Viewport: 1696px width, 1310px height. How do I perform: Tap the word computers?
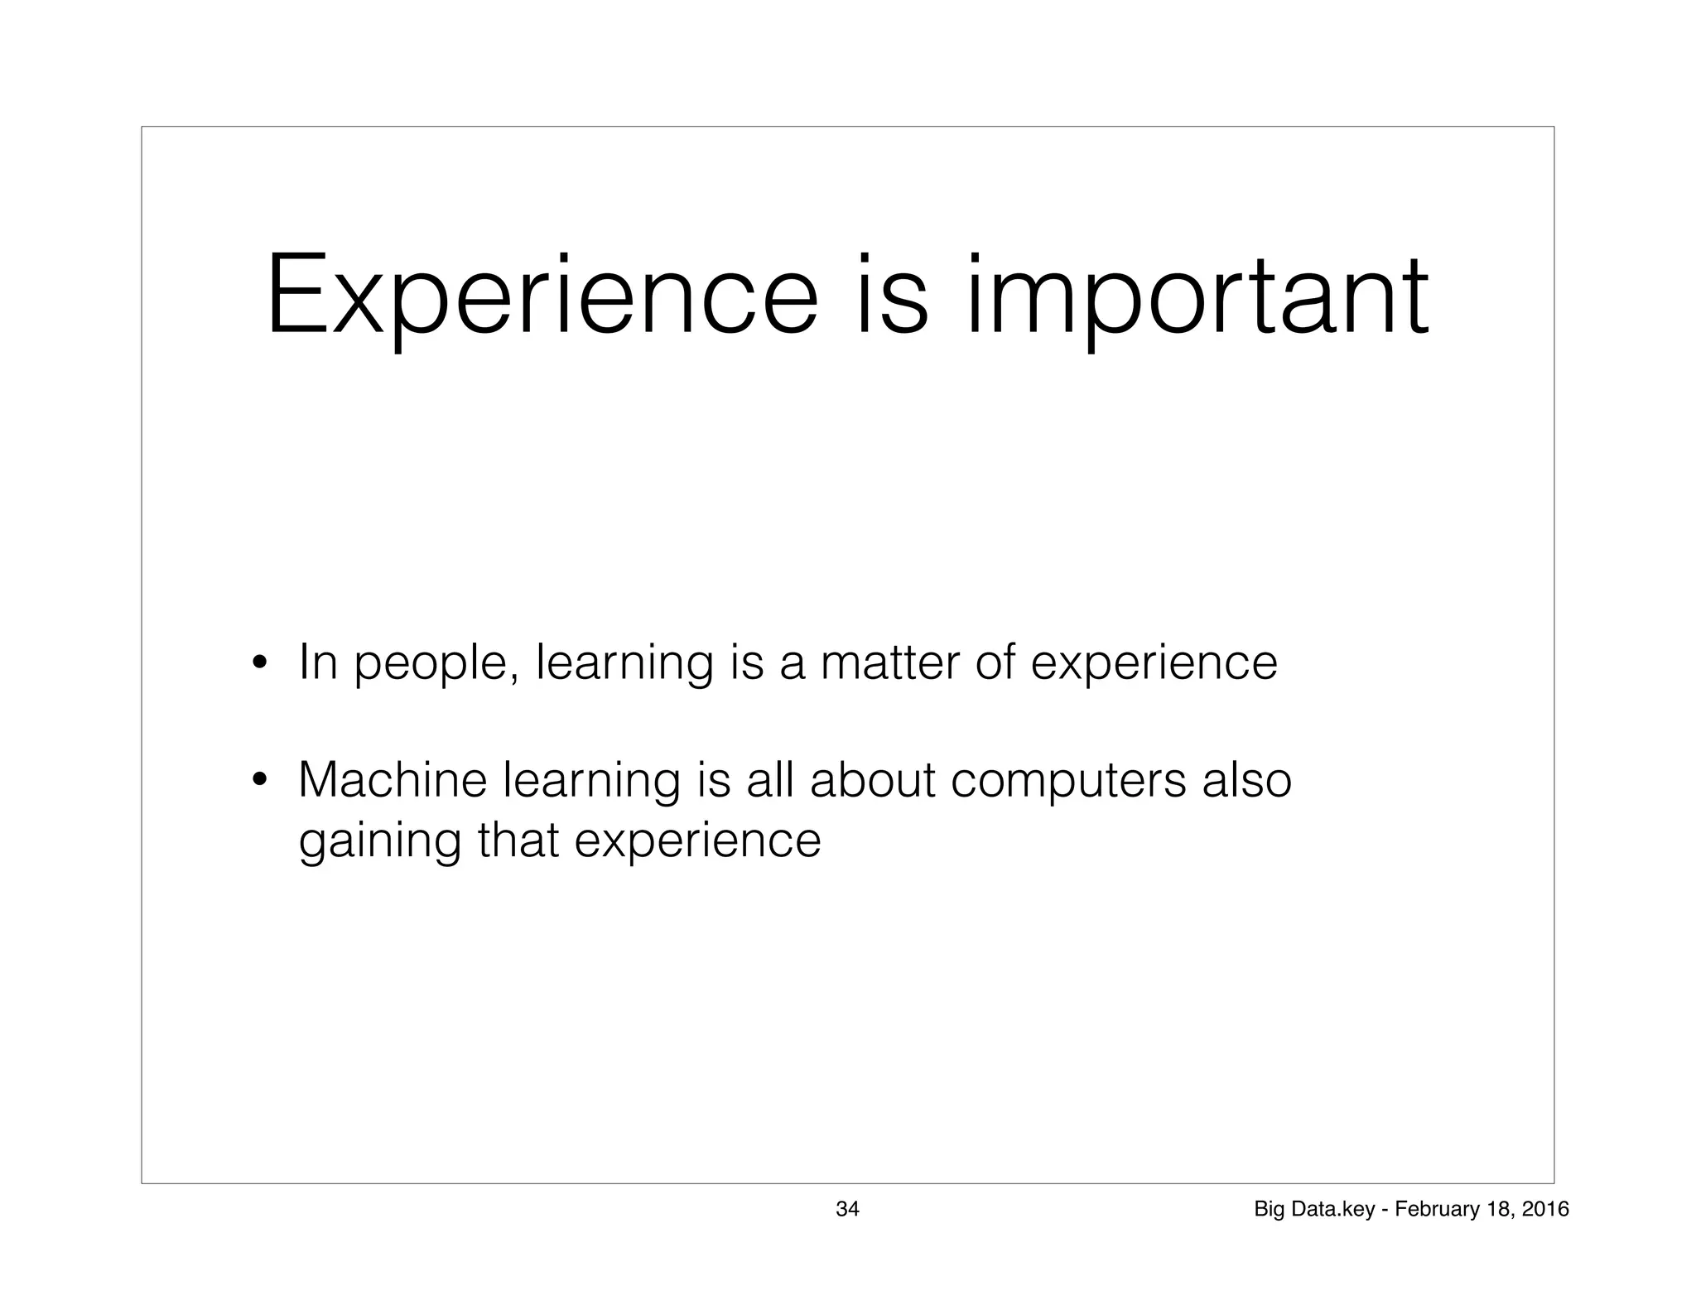[x=1068, y=782]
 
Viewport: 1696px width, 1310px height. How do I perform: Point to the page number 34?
[x=847, y=1210]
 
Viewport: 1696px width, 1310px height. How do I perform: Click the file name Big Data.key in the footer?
[x=1314, y=1210]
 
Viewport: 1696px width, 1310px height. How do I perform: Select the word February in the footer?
[x=1430, y=1210]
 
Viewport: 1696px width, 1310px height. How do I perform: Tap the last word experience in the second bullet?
[x=697, y=841]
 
